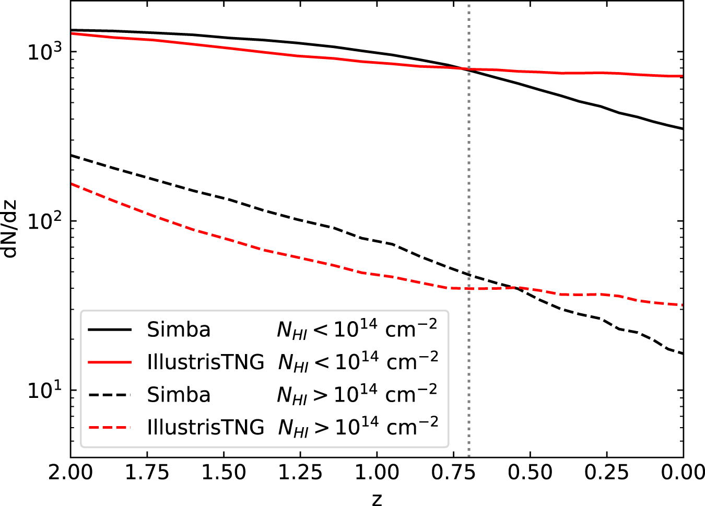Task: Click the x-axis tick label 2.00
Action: [x=70, y=473]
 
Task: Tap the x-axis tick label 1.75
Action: [x=147, y=473]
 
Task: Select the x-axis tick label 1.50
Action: [x=224, y=473]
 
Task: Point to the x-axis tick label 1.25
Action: [x=300, y=473]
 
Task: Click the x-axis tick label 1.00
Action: [x=377, y=473]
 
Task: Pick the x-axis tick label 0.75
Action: [x=453, y=473]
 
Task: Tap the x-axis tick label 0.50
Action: [x=530, y=473]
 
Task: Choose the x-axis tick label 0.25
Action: [x=607, y=473]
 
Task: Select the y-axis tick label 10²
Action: [x=44, y=221]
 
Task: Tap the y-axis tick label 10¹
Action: [x=44, y=390]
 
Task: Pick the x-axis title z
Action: [x=377, y=499]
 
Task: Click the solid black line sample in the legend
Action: [x=110, y=330]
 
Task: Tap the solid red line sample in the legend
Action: [x=110, y=362]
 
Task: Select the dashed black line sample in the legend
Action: [x=110, y=395]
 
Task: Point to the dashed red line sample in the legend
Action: [x=110, y=428]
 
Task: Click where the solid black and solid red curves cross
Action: [x=464, y=68]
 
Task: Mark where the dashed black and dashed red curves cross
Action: [x=515, y=288]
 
